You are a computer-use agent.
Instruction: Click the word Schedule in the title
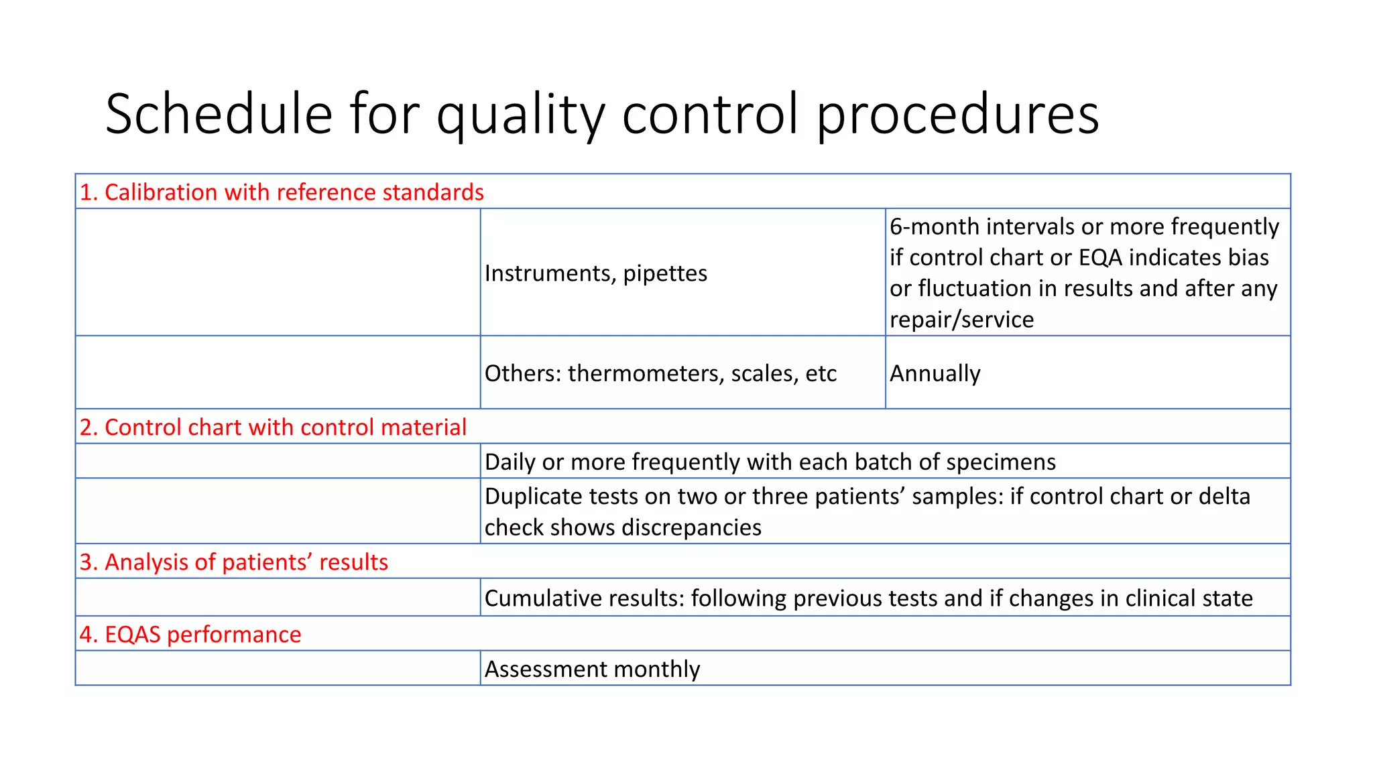click(x=219, y=114)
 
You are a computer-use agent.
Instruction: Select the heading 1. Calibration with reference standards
click(x=282, y=192)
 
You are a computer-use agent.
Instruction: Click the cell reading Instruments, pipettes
click(x=595, y=273)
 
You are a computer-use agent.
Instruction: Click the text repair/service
click(x=961, y=320)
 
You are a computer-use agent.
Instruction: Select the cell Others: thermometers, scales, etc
click(x=660, y=373)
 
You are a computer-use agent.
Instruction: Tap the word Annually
click(x=935, y=373)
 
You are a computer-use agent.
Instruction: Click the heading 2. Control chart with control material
click(x=273, y=428)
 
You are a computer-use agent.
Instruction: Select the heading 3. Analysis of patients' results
click(x=233, y=562)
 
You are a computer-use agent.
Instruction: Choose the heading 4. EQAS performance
click(x=190, y=635)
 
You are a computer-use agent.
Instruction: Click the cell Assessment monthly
click(x=592, y=669)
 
